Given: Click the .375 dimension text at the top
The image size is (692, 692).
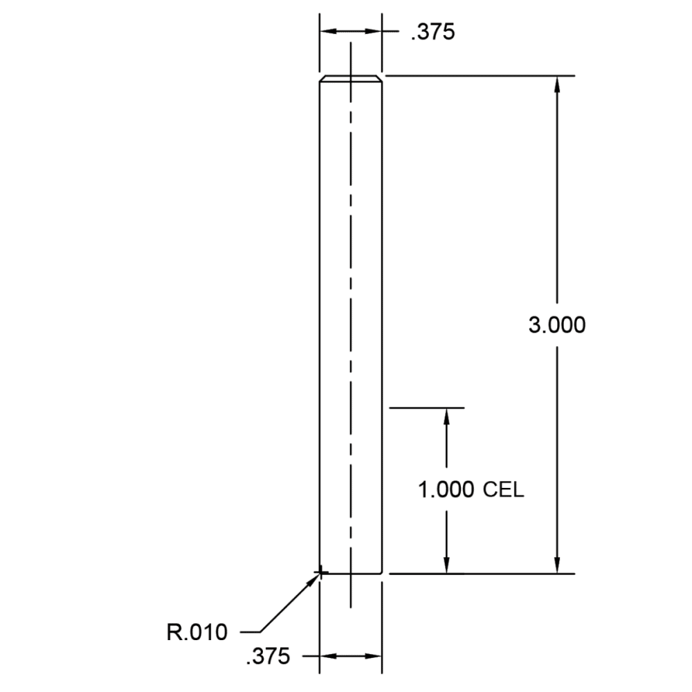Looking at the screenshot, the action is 432,33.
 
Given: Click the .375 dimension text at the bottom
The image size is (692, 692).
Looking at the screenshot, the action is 268,656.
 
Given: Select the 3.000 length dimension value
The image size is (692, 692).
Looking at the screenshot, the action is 557,325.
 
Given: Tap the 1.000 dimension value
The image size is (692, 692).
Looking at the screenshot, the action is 446,490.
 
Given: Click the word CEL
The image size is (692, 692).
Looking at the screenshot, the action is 504,490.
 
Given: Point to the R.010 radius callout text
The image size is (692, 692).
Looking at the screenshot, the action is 197,632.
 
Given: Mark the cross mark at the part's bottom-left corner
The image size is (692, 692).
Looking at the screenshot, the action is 321,573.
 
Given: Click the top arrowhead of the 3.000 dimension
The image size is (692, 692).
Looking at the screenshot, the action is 557,84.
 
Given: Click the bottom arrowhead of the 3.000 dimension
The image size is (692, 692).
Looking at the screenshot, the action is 557,565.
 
